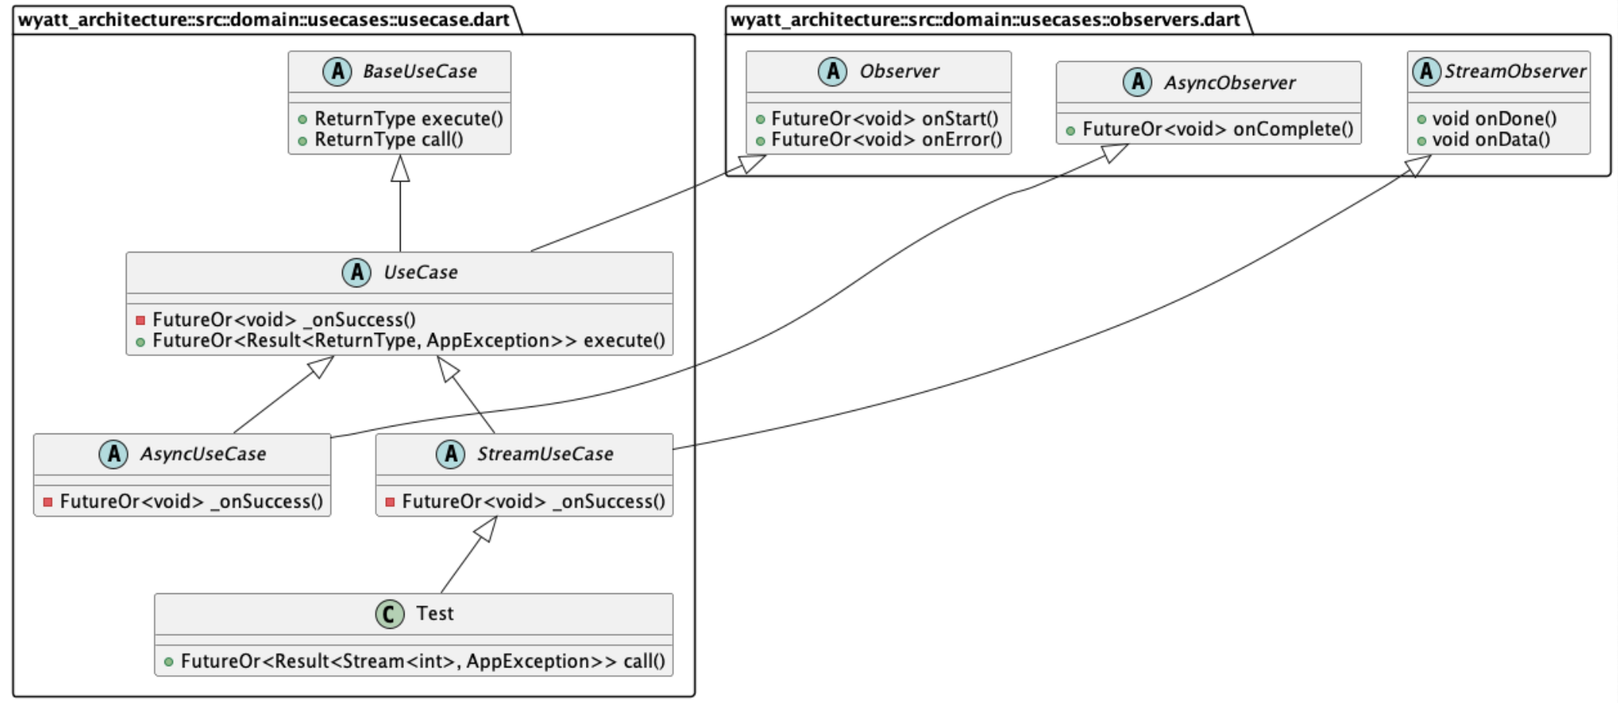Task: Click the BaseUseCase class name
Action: coord(419,72)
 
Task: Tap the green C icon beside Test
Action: coord(390,614)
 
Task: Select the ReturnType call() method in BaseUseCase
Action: coord(388,140)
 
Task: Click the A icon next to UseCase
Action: coord(356,273)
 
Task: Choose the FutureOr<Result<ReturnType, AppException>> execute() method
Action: coord(408,341)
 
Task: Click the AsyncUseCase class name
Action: coord(202,454)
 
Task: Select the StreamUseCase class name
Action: coord(544,454)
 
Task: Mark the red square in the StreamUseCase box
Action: coord(390,502)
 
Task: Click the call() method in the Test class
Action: coord(422,661)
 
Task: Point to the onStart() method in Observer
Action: coord(885,119)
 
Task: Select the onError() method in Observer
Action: coord(886,140)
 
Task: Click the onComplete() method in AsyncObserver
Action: coord(1217,129)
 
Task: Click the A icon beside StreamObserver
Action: coord(1426,72)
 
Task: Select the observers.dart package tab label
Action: coord(985,19)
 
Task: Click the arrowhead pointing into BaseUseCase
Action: coord(400,168)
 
